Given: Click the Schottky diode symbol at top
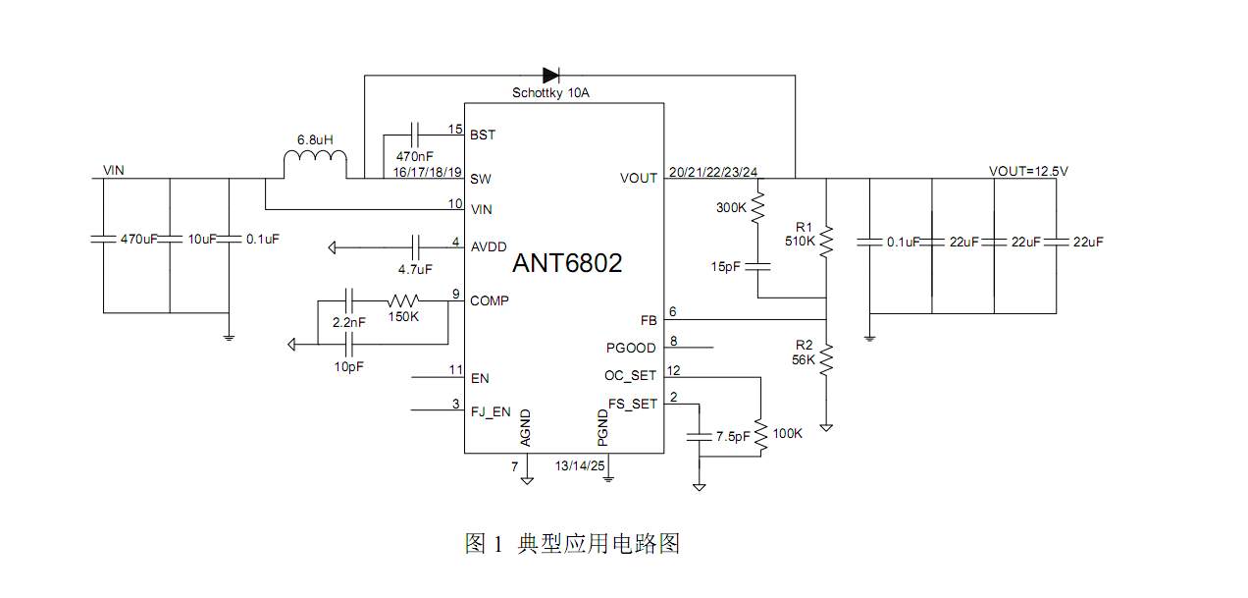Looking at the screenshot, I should pos(550,75).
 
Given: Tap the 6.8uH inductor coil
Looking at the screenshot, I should pos(315,163).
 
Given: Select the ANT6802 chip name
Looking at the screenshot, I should pos(567,263).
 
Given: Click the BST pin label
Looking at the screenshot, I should pos(483,135).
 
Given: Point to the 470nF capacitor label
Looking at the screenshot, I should pos(415,156).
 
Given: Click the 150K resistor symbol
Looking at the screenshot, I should pos(403,300).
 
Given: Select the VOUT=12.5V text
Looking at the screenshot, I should pos(1028,171).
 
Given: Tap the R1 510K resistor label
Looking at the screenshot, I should pos(801,233).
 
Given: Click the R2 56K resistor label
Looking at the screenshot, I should pos(804,353).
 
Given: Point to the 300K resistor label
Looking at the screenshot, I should pos(731,208).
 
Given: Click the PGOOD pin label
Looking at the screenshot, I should pos(631,348).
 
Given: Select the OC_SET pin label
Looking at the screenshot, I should pos(630,375).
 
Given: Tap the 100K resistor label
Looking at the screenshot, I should pos(788,433).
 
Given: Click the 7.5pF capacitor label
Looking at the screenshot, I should pos(732,434).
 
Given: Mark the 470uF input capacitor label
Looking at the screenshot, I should pos(138,239).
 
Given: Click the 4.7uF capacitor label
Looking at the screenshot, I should pos(415,268).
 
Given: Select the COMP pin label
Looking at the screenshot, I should pos(490,300).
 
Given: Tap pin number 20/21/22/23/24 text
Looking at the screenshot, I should pos(712,172).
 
